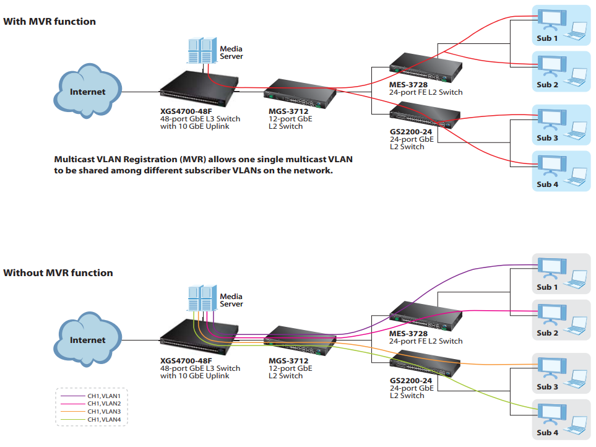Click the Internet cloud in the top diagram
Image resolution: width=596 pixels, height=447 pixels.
pos(87,92)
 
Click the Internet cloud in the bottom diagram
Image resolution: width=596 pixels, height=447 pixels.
pos(87,340)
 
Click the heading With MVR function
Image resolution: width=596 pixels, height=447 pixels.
pos(50,22)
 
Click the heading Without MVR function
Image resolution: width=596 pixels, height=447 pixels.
pos(58,273)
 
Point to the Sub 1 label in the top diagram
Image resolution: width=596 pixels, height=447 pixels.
pos(547,38)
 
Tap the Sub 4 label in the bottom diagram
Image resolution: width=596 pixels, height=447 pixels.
pos(547,432)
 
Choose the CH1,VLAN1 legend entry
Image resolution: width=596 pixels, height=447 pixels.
pos(103,395)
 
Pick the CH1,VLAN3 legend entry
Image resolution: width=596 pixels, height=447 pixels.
pos(103,411)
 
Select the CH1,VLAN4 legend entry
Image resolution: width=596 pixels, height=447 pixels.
pos(103,420)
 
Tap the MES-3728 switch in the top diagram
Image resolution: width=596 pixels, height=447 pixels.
pos(426,67)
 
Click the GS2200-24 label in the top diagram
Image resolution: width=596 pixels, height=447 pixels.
pos(410,131)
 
